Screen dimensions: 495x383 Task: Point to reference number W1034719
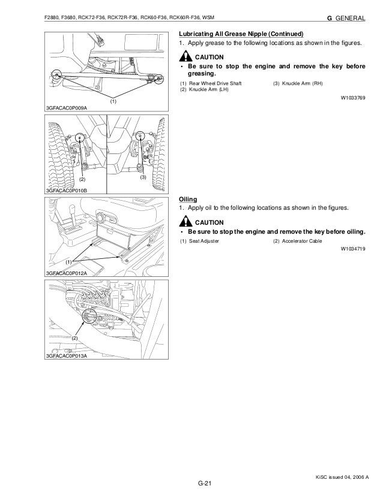pyautogui.click(x=353, y=248)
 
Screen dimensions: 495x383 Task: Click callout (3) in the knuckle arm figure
pyautogui.click(x=143, y=178)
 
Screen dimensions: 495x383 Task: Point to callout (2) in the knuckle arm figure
pyautogui.click(x=82, y=179)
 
